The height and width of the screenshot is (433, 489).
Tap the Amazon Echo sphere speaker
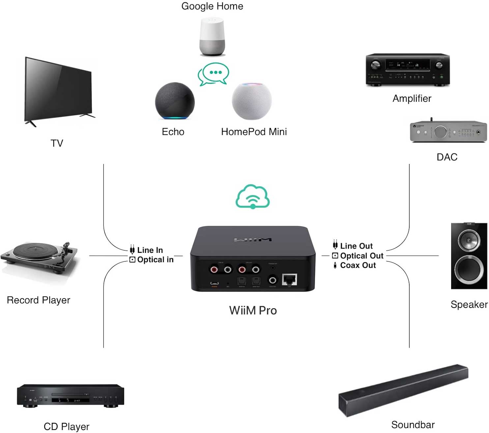(x=175, y=101)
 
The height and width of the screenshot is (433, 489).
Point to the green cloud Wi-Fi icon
(x=253, y=197)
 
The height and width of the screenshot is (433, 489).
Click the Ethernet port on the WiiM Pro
(x=289, y=280)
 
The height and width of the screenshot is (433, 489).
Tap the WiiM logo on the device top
(x=253, y=239)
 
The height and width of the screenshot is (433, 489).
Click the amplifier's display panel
(x=408, y=65)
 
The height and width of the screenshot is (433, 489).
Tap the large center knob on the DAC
(x=440, y=132)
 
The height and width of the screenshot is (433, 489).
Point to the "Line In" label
(x=150, y=250)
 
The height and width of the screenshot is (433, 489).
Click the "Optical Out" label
(x=361, y=256)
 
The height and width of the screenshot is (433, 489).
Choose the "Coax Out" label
(x=358, y=265)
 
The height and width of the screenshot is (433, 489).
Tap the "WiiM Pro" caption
(x=253, y=310)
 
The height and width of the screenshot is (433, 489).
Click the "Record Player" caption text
(x=39, y=300)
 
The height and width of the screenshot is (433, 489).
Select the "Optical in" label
(x=155, y=259)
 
